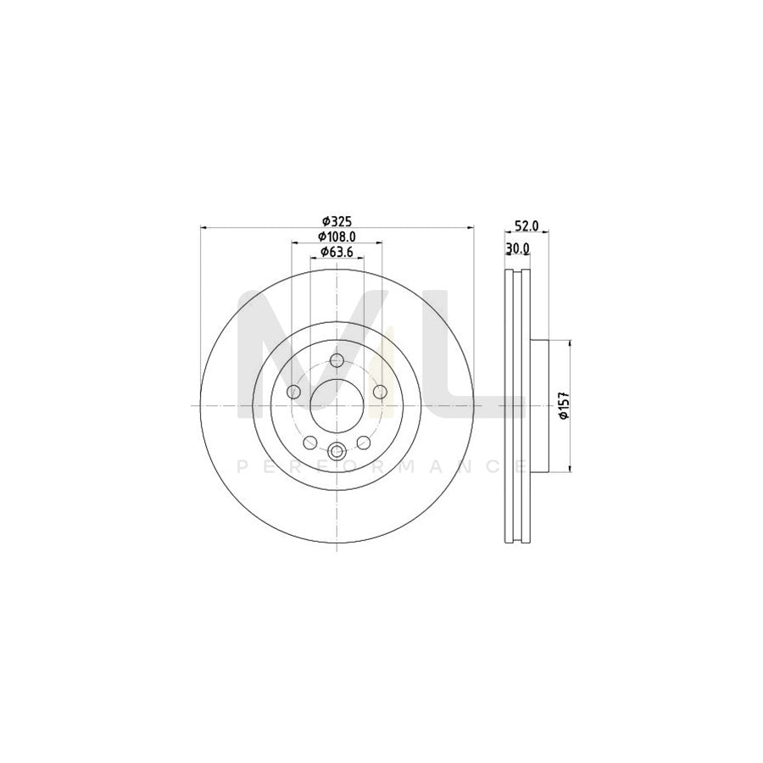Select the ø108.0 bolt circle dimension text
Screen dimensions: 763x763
tap(337, 237)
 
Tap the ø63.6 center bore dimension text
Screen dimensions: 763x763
tap(337, 252)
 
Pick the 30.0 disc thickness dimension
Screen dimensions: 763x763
tap(517, 248)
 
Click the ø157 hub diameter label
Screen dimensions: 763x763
tap(561, 405)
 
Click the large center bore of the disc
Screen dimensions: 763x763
tap(337, 405)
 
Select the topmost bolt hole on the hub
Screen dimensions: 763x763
tap(337, 361)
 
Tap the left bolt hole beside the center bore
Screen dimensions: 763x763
tap(294, 392)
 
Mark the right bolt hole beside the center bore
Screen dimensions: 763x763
tap(379, 392)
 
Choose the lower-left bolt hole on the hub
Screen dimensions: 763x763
tap(309, 442)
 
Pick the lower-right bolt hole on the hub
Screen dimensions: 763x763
tap(364, 442)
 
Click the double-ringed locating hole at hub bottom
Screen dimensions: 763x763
tap(337, 451)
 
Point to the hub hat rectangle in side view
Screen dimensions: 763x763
tap(539, 405)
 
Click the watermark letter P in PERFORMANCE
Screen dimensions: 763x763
tap(242, 466)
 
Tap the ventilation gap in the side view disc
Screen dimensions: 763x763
tap(517, 405)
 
